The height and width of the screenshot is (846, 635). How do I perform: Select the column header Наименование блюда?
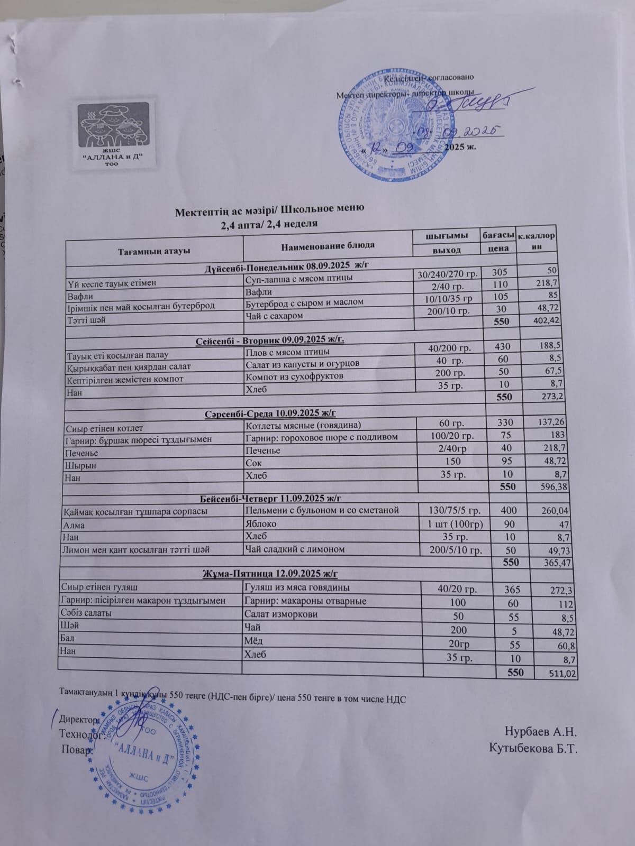coord(328,245)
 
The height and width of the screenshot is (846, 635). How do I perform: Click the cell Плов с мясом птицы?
coord(288,352)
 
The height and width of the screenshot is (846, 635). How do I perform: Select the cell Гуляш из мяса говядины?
coord(296,587)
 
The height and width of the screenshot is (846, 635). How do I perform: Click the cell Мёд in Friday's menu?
coord(252,641)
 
